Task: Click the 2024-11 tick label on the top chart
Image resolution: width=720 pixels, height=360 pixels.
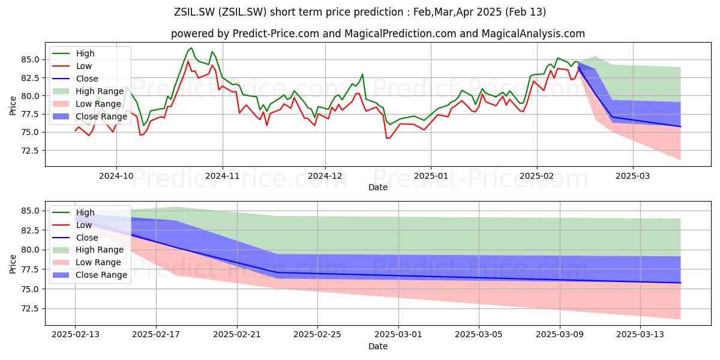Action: pos(223,176)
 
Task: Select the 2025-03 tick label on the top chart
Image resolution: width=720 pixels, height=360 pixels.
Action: pos(632,176)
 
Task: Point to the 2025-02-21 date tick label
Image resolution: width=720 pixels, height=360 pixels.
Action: pos(237,335)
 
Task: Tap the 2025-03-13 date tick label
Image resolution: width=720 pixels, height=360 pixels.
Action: pos(640,335)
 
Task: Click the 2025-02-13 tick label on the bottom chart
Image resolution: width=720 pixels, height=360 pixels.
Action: pos(76,335)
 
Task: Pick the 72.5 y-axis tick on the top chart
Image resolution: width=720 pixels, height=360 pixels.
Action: pos(30,151)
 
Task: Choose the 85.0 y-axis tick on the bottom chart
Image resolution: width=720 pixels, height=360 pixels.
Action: pos(30,211)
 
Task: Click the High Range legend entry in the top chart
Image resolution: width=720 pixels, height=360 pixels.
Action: pos(88,91)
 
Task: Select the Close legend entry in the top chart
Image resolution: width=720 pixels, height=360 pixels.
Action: pos(75,79)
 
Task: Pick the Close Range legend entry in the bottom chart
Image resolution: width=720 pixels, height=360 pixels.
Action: pos(89,275)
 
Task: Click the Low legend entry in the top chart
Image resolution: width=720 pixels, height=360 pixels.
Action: pos(72,66)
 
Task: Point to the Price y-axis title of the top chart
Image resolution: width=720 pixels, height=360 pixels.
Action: pos(13,106)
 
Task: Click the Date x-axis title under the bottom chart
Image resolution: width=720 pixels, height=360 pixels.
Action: pos(377,346)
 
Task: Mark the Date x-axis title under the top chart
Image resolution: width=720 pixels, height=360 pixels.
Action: pos(377,187)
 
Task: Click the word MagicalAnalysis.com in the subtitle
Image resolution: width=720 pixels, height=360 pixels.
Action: pos(533,34)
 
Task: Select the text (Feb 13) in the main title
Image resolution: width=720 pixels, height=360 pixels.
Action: pos(525,12)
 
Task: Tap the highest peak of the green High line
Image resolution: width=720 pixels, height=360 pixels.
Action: pos(191,48)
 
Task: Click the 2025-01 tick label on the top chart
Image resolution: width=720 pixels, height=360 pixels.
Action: pos(431,176)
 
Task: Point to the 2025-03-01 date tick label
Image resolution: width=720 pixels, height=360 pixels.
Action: pos(398,335)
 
